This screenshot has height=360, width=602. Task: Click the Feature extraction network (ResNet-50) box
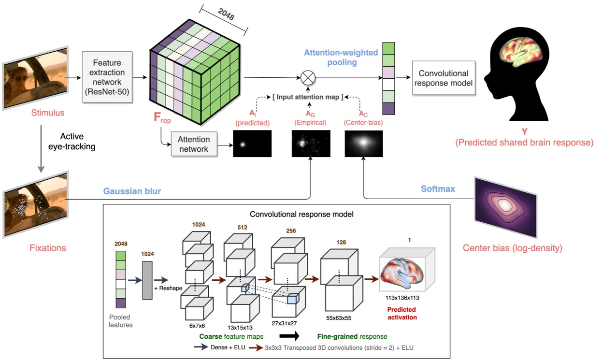107,77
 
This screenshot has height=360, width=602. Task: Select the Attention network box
193,144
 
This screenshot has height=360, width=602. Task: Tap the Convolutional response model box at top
443,78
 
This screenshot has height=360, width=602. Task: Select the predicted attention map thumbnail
252,144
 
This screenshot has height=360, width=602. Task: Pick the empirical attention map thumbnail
311,144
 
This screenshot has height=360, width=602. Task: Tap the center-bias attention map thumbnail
364,144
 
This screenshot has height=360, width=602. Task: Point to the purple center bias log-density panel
506,208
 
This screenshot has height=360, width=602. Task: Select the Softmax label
438,189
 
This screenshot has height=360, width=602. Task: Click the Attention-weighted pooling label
341,58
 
